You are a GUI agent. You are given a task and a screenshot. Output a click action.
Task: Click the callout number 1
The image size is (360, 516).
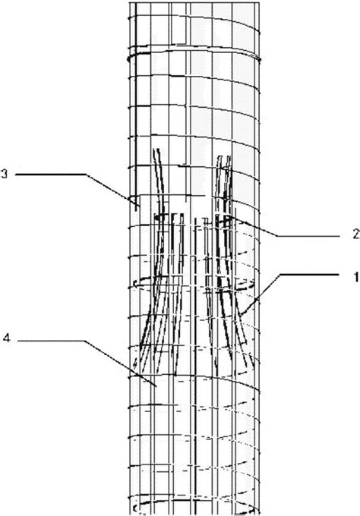point(356,277)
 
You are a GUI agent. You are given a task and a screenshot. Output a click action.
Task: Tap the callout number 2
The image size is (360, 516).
point(356,234)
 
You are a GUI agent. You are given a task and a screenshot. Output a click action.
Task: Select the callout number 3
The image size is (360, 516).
point(4,174)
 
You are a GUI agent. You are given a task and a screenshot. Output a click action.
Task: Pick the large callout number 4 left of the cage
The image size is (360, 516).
point(7,338)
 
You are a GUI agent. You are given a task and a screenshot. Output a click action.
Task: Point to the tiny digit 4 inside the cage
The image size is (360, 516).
point(134,362)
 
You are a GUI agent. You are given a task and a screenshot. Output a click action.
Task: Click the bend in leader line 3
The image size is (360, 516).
point(87,174)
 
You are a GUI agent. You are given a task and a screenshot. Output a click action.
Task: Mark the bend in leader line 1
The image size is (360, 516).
point(280,274)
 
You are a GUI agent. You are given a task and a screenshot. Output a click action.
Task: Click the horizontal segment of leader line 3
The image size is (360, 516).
point(51,174)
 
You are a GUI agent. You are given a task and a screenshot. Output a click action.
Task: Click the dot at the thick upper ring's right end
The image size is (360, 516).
point(260,59)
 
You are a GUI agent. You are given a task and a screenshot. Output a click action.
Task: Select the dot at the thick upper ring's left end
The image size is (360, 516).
point(129,59)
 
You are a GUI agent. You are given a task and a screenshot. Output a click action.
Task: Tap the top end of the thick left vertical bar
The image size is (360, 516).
point(134,3)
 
